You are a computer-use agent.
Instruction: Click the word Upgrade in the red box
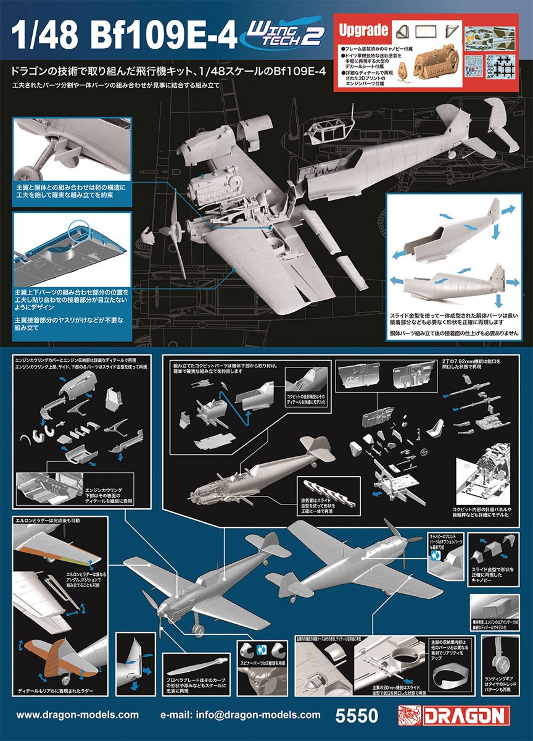364,30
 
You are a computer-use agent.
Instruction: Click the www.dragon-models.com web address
77,715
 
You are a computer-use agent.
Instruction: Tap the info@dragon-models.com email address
240,715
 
